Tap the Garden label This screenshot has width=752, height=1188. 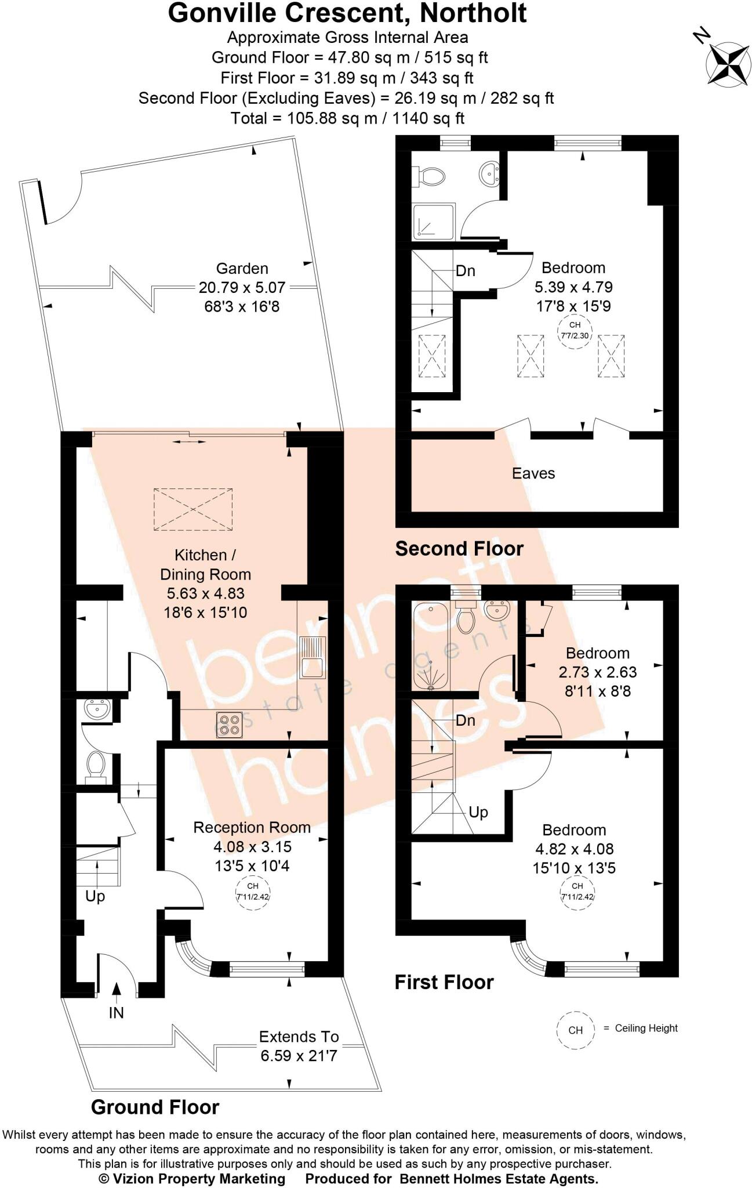(242, 269)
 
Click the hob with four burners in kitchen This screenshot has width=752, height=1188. (229, 725)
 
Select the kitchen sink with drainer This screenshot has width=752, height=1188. (313, 657)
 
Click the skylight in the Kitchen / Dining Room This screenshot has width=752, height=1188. (193, 509)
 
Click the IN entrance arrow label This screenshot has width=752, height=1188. (116, 1013)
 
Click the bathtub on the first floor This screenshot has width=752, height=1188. (430, 646)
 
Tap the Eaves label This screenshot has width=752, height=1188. (533, 473)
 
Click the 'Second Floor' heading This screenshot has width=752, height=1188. (459, 548)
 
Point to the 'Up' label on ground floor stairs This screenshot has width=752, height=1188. (95, 896)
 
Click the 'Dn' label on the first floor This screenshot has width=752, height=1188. (466, 720)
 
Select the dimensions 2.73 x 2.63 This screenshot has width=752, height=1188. (597, 672)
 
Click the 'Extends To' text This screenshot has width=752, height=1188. (299, 1037)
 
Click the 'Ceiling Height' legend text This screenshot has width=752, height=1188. (646, 1028)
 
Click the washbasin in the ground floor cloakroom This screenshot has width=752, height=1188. (97, 709)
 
